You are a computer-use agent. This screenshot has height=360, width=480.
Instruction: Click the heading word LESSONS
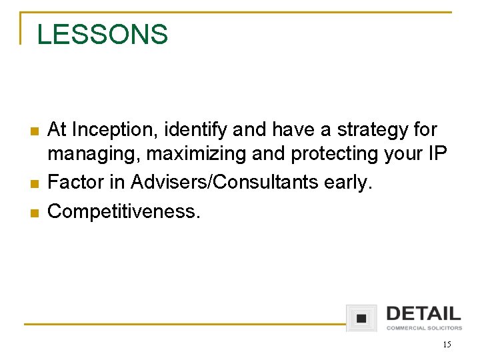pos(103,35)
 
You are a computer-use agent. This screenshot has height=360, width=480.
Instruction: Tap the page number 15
pos(446,345)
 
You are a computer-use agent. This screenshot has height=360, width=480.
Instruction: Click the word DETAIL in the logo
pos(423,313)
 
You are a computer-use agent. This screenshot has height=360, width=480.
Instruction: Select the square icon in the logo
pos(361,318)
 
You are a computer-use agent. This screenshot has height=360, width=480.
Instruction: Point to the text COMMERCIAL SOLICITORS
pos(424,328)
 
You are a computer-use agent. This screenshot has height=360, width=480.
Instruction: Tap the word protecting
pos(325,154)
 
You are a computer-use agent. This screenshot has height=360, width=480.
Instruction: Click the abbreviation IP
pos(437,153)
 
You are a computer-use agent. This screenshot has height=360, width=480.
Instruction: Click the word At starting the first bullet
pos(57,128)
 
